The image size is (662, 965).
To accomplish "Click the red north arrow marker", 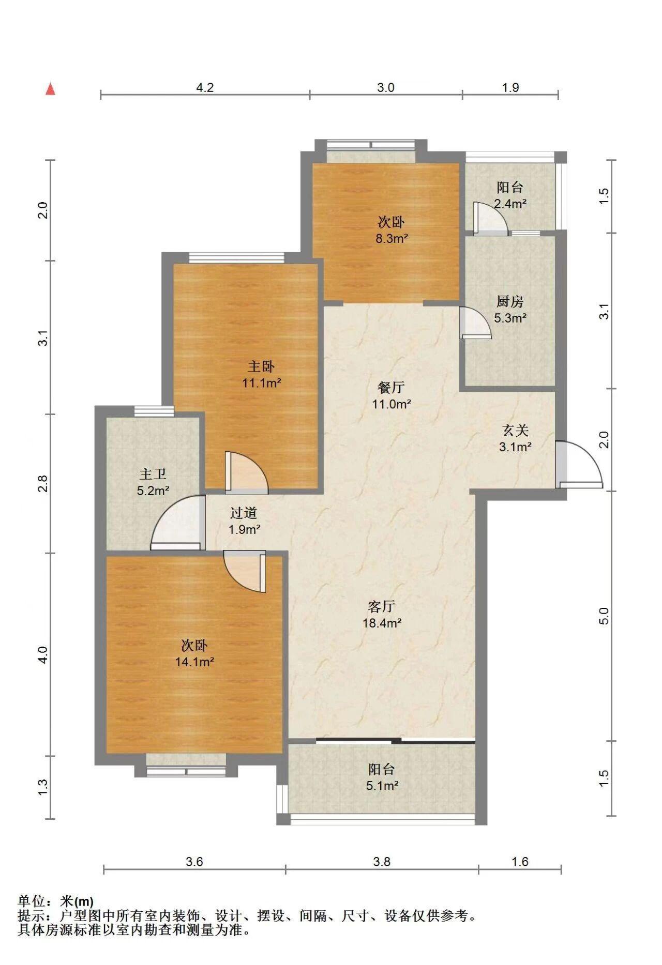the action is coord(50,89).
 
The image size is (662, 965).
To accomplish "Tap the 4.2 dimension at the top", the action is coord(205,87).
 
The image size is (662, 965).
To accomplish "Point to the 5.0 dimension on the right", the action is coord(604,615).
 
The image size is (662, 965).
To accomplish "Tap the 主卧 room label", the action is coord(261,366).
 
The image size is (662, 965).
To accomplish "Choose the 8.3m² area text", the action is coord(392,239).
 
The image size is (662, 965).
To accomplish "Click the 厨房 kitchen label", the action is coord(510,301).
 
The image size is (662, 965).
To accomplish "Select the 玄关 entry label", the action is coord(515,430).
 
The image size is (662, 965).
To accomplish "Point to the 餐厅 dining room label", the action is coord(392,387).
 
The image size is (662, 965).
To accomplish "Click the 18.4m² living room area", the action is coord(382,623).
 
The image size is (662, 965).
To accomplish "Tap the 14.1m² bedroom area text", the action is coord(194,662).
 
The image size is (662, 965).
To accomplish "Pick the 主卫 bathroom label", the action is coord(153,473).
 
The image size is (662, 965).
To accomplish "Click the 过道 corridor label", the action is coord(244,513).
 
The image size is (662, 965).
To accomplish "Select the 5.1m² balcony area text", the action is coord(382,786).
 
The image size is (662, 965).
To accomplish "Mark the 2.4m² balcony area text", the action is coord(510,204).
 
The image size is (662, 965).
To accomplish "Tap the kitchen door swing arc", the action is coord(476,323).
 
